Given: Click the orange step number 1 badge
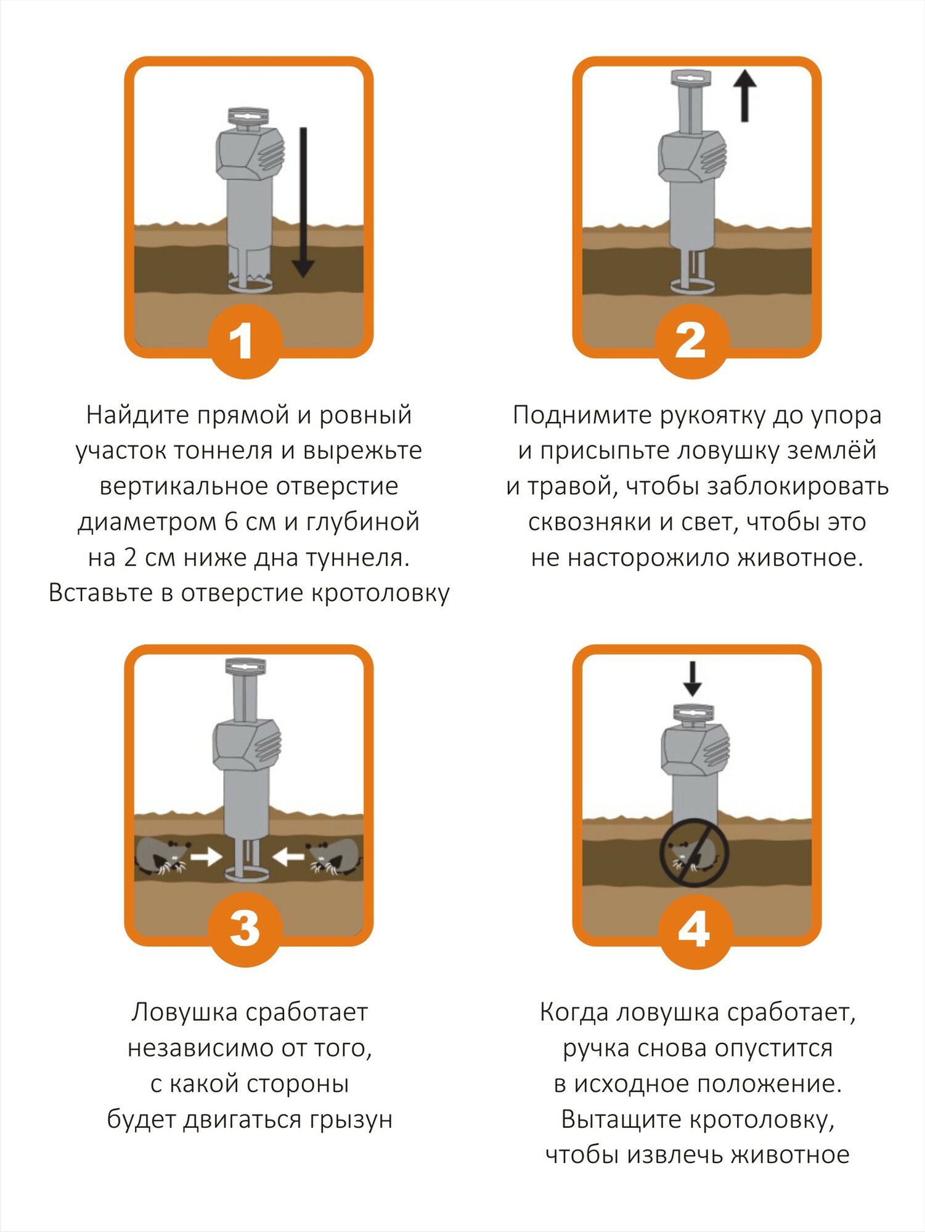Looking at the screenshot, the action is [x=245, y=341].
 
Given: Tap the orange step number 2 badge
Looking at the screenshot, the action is [x=692, y=341].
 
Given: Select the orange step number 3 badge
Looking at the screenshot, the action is [x=245, y=928].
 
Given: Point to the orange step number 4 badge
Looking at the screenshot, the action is [x=695, y=930].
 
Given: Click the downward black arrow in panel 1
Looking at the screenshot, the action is [x=303, y=203].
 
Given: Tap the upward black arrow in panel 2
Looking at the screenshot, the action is [x=744, y=96].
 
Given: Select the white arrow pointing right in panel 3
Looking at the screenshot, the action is [x=206, y=856].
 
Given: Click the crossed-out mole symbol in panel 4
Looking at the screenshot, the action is [x=695, y=853].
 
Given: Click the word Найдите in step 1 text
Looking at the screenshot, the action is [x=137, y=415].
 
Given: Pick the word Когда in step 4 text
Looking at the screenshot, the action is [x=574, y=1012].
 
